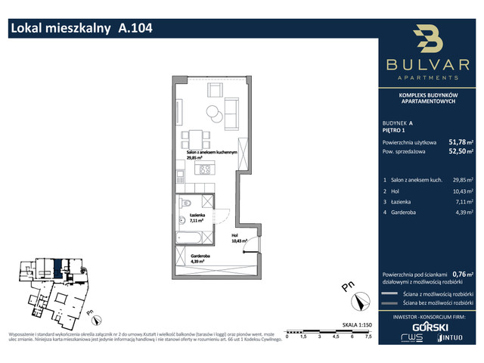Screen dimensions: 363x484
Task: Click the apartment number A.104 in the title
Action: click(135, 29)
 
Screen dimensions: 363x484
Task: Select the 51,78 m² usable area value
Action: click(461, 141)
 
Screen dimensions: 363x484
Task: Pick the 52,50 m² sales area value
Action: click(461, 152)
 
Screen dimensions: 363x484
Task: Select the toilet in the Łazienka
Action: click(185, 203)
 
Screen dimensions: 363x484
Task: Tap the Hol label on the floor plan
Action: click(235, 236)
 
